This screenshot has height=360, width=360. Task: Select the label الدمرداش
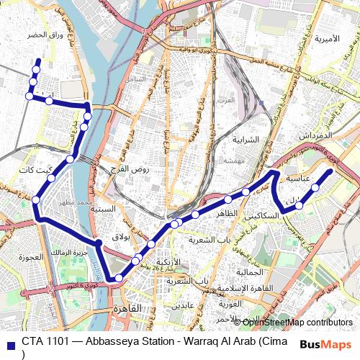coord(318,135)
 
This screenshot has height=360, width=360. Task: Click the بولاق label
coord(121,236)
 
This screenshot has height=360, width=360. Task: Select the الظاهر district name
coord(226,215)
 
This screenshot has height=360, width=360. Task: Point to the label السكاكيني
coord(262,216)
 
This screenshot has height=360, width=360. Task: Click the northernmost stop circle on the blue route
coord(37,60)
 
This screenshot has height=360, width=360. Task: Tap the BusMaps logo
coord(326,344)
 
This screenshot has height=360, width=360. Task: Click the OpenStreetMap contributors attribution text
coord(297,322)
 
